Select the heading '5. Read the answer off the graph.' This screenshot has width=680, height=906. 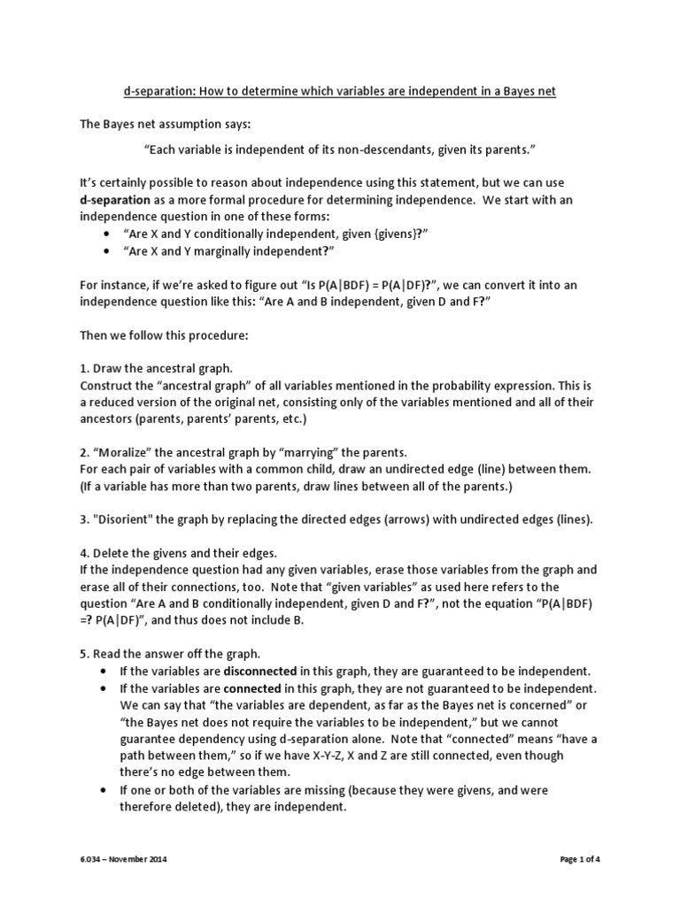pos(170,654)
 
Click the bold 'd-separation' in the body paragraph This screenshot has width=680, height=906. pos(115,201)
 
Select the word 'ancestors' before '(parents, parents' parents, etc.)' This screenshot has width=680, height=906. pos(109,418)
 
